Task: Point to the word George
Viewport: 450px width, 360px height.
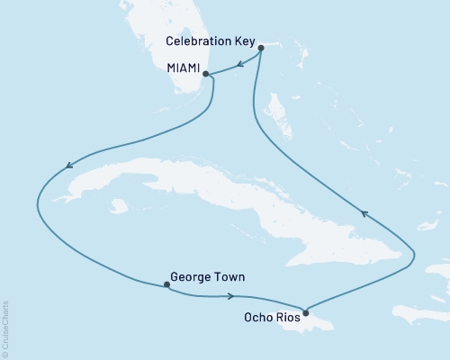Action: [x=188, y=278]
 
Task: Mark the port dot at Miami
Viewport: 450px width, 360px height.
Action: [x=206, y=74]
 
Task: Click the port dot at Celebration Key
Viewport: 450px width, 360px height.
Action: [x=261, y=48]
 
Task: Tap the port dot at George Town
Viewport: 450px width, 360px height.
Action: [x=166, y=285]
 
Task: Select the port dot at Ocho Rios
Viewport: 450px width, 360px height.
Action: [x=306, y=313]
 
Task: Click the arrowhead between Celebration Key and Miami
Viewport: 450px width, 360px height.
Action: [x=241, y=63]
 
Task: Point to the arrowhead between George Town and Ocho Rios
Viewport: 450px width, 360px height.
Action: [x=233, y=296]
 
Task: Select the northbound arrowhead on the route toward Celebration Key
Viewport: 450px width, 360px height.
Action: [x=364, y=213]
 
